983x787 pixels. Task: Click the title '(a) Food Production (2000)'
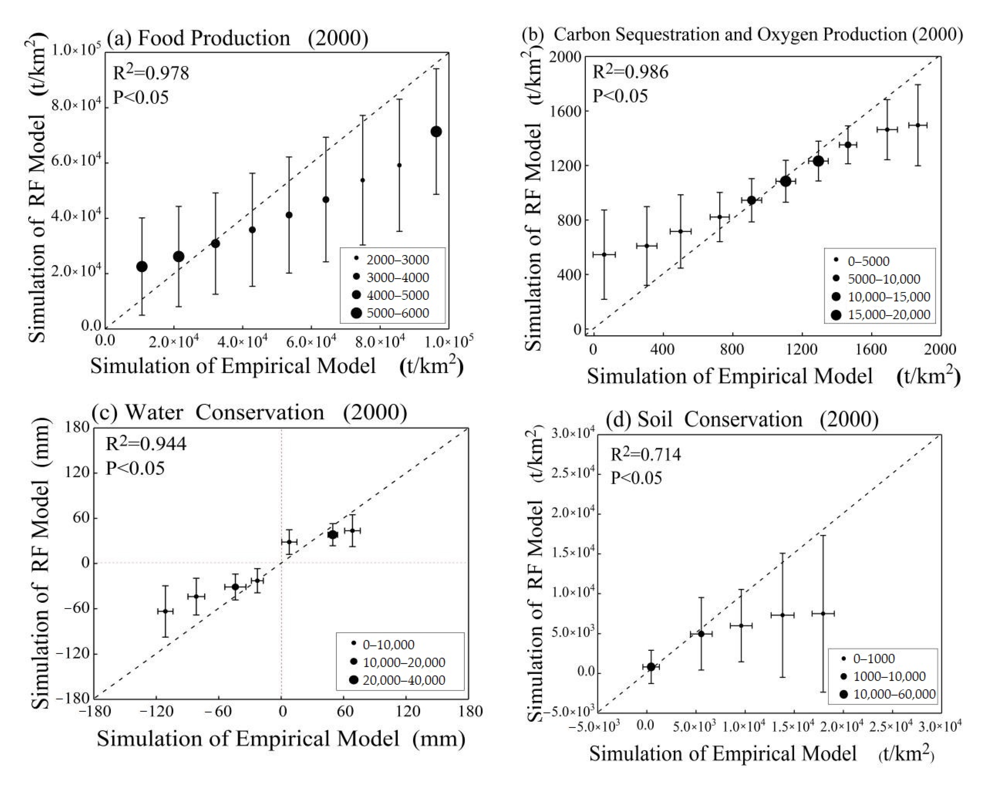tap(237, 38)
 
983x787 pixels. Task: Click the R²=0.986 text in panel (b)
tap(631, 72)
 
